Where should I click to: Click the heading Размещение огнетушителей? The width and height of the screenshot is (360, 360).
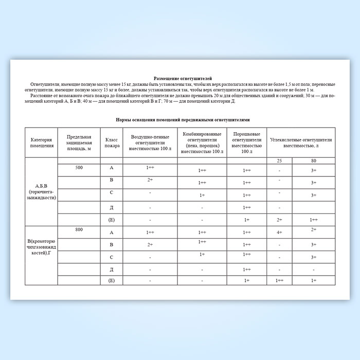[x=183, y=77]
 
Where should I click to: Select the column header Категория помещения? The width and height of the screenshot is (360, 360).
[x=42, y=142]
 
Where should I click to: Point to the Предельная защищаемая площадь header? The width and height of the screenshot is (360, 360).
[x=79, y=142]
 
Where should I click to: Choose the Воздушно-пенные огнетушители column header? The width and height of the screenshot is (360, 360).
[x=151, y=142]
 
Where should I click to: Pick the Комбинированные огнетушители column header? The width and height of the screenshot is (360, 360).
[x=202, y=142]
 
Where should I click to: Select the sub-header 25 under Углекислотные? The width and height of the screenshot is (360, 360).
[x=279, y=161]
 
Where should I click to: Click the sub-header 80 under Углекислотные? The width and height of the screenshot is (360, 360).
[x=314, y=161]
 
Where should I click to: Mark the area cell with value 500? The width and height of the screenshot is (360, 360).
[x=79, y=168]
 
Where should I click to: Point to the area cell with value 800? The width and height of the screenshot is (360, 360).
[x=79, y=229]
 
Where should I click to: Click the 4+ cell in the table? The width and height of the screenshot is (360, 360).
[x=279, y=232]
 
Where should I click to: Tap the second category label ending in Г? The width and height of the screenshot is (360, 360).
[x=42, y=246]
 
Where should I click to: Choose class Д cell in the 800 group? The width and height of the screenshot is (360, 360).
[x=112, y=269]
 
